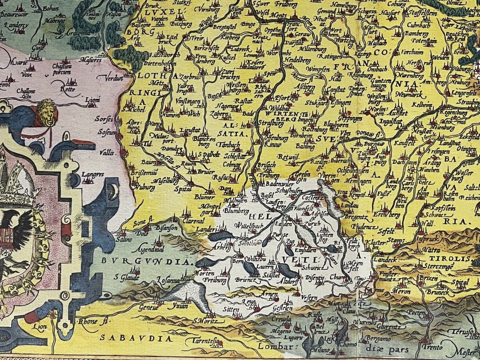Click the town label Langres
click(92, 174)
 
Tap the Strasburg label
click(268, 123)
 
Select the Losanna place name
click(168, 280)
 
